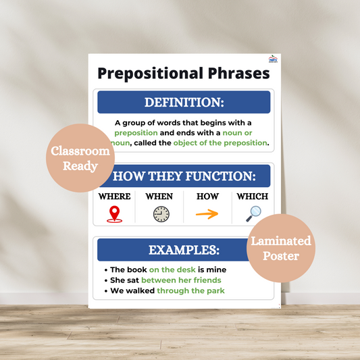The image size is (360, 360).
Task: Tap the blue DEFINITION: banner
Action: [184, 103]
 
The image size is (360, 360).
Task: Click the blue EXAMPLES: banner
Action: [184, 250]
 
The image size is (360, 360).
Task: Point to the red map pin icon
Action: [115, 214]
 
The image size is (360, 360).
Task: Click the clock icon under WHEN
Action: [161, 214]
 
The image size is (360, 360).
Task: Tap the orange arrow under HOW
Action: [207, 214]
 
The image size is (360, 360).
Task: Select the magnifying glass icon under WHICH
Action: [253, 213]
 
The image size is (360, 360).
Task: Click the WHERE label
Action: [115, 197]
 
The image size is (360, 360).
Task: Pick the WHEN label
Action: [159, 197]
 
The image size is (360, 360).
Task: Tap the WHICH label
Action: [252, 197]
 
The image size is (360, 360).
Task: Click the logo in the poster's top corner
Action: [272, 59]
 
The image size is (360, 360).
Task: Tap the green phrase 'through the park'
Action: [190, 291]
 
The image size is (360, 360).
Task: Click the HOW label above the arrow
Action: [207, 197]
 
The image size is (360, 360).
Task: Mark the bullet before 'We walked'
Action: [106, 291]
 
